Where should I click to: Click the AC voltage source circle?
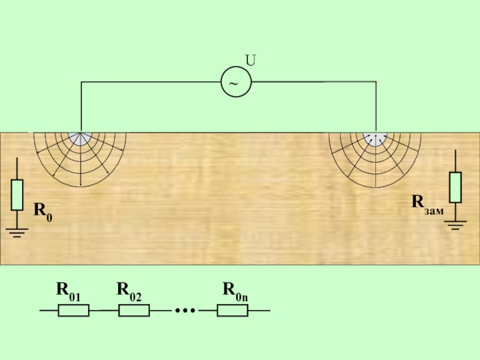[236, 82]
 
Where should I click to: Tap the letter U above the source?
[250, 60]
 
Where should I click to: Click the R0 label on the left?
[42, 211]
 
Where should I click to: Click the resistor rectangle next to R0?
[17, 194]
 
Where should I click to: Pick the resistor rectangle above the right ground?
[455, 187]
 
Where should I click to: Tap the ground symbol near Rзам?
[455, 226]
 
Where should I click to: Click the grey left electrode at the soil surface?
[79, 138]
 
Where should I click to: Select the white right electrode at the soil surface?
[376, 137]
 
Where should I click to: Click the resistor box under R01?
[73, 310]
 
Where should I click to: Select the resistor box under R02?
[134, 310]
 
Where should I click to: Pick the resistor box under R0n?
[232, 310]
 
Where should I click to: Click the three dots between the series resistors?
[185, 310]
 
